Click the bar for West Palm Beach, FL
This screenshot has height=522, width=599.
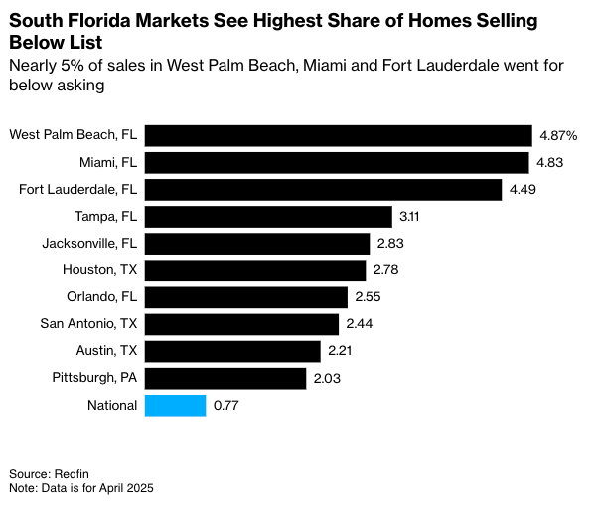coord(338,135)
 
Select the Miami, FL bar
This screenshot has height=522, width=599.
coord(337,162)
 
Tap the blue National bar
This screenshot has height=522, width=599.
coord(175,405)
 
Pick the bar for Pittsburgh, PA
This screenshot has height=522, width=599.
coord(225,378)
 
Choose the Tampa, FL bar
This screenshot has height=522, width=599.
coord(268,216)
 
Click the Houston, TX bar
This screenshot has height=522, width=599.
coord(255,269)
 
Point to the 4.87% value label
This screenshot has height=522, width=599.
coord(558,135)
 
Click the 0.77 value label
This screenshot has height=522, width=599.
coord(226,405)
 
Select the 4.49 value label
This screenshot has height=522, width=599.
coord(523,189)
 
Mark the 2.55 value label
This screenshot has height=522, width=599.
coord(368,296)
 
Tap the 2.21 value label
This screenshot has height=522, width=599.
coord(341,351)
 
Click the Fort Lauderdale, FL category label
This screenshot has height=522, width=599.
coord(78,189)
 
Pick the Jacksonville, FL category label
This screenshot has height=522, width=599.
coord(89,243)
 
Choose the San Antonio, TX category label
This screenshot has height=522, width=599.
coord(88,324)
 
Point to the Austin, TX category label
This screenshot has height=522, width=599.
coord(106,351)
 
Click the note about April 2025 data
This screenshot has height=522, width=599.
coord(81,488)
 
